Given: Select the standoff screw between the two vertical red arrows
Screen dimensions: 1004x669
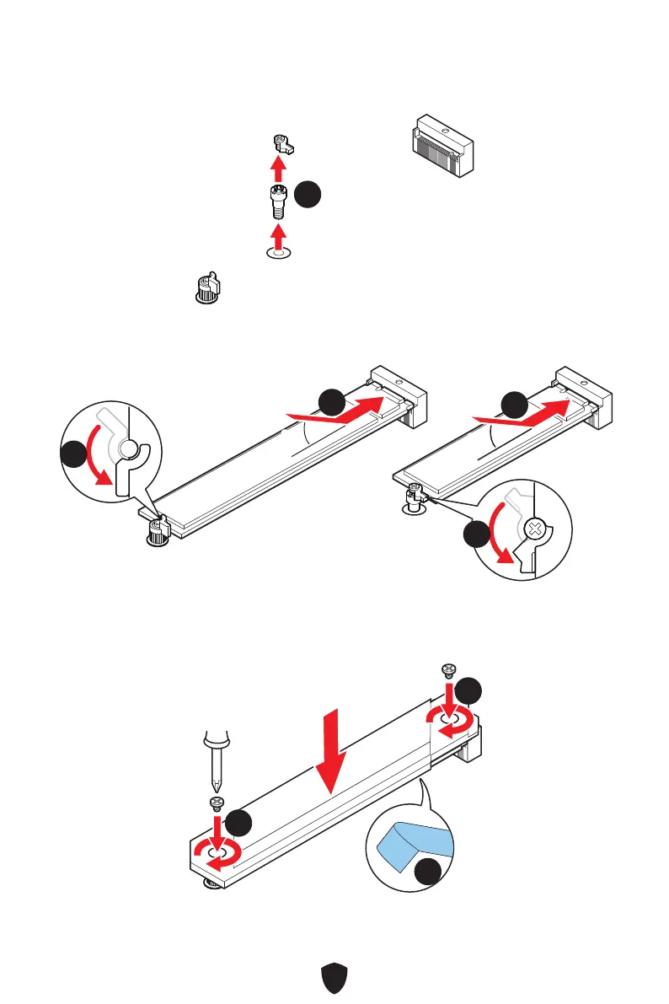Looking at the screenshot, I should point(276,201).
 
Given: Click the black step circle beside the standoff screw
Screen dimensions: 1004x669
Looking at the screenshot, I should point(308,195).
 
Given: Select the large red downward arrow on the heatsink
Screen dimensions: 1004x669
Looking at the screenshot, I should point(334,750).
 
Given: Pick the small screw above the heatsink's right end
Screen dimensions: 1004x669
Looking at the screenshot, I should point(447,671).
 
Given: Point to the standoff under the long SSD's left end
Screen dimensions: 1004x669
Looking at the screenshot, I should point(157,533).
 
